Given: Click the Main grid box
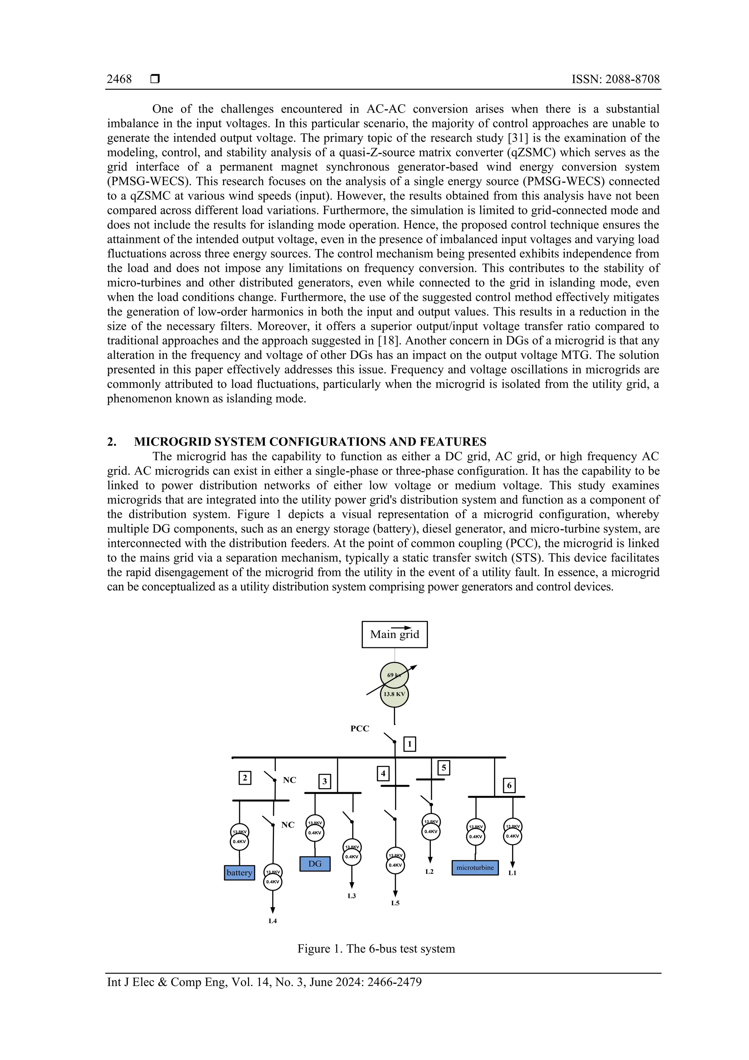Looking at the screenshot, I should click(394, 634).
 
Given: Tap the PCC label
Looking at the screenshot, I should click(360, 728).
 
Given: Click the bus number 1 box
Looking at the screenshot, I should click(409, 744).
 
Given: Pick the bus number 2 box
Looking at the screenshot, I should click(245, 778).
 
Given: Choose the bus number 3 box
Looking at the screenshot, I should click(324, 782).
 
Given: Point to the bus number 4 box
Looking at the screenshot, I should click(383, 773).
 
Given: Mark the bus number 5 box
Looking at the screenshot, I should click(444, 768).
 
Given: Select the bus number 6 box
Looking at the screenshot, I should click(509, 785).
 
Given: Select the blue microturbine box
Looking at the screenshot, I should click(475, 868).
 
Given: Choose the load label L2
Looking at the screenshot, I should click(429, 872).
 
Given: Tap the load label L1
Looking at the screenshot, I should click(512, 873).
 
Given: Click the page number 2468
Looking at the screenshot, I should click(119, 79).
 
